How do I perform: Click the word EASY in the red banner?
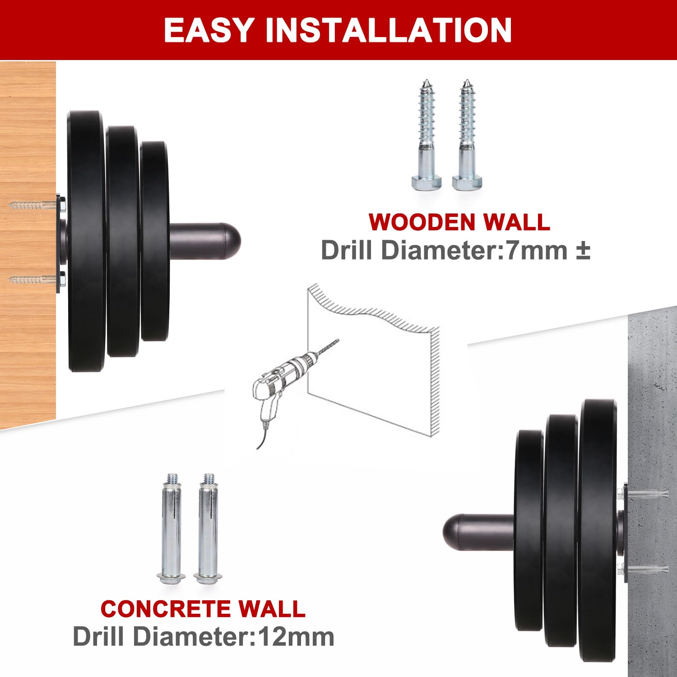[209, 30]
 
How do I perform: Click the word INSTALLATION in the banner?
[388, 30]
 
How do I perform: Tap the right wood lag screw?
[467, 135]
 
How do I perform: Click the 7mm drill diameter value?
[536, 250]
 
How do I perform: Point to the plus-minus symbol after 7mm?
[583, 251]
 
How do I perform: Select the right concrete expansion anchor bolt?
[208, 529]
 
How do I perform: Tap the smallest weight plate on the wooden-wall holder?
[154, 241]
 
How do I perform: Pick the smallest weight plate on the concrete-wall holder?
[529, 531]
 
